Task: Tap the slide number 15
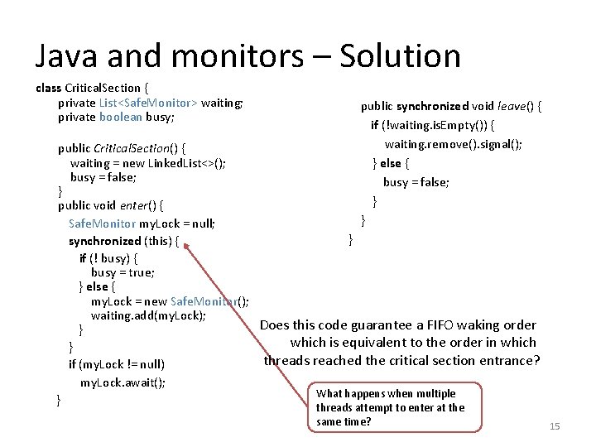(x=555, y=425)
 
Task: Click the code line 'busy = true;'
(x=123, y=272)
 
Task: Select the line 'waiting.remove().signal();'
(x=453, y=143)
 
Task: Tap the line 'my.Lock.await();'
(x=123, y=382)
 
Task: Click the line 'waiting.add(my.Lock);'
(x=148, y=315)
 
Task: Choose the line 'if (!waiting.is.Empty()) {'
(x=433, y=125)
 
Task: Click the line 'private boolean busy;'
(x=116, y=117)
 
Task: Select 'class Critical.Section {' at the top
(x=92, y=88)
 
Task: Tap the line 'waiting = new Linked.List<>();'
(x=147, y=163)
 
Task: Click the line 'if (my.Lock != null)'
(x=116, y=363)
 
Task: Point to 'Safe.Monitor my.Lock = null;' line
(x=142, y=223)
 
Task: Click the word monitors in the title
(x=206, y=55)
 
